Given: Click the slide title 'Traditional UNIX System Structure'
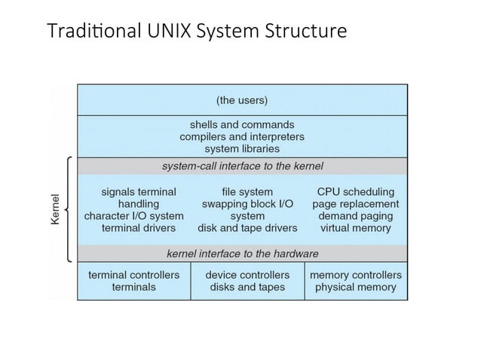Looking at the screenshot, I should (x=197, y=32).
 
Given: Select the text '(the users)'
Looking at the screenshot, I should (x=241, y=99).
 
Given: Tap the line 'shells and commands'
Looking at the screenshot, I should (x=241, y=124).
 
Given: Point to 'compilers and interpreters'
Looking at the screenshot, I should (x=241, y=137).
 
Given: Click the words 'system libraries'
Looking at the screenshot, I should (x=241, y=149).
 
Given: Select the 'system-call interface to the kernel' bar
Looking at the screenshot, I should (x=241, y=166).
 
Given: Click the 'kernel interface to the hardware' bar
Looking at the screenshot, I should (x=241, y=253).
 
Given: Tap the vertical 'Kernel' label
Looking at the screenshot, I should (x=55, y=209).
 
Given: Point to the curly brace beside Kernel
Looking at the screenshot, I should (x=69, y=209).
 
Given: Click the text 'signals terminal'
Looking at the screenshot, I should (x=139, y=191).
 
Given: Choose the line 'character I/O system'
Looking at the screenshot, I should (x=133, y=215).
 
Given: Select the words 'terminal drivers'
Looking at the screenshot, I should (x=139, y=227).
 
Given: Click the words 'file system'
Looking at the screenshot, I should (x=247, y=191).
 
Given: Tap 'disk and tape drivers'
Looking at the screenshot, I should (x=247, y=227).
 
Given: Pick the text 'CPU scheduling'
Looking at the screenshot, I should (x=355, y=191).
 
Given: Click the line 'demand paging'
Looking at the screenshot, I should (x=355, y=215).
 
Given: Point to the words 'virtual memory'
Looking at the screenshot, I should (x=355, y=227).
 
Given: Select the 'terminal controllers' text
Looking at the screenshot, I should (x=133, y=275).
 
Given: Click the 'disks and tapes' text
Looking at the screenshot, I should (x=247, y=287).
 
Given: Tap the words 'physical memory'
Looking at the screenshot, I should (x=355, y=287).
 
